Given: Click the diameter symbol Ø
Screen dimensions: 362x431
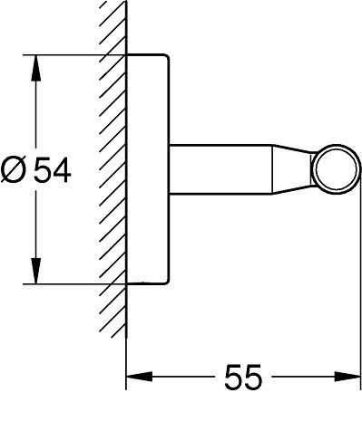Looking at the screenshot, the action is click(x=13, y=170).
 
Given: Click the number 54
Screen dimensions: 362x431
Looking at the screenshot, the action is click(x=52, y=170).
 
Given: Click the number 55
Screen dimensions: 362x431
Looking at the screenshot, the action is click(x=243, y=377).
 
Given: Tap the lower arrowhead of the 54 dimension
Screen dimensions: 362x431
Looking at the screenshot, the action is click(x=36, y=271).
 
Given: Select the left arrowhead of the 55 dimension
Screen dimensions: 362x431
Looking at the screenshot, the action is click(x=139, y=377).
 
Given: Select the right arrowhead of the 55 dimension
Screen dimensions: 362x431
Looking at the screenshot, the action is click(x=347, y=377).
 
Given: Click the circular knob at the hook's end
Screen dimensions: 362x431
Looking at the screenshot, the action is click(x=336, y=169).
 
